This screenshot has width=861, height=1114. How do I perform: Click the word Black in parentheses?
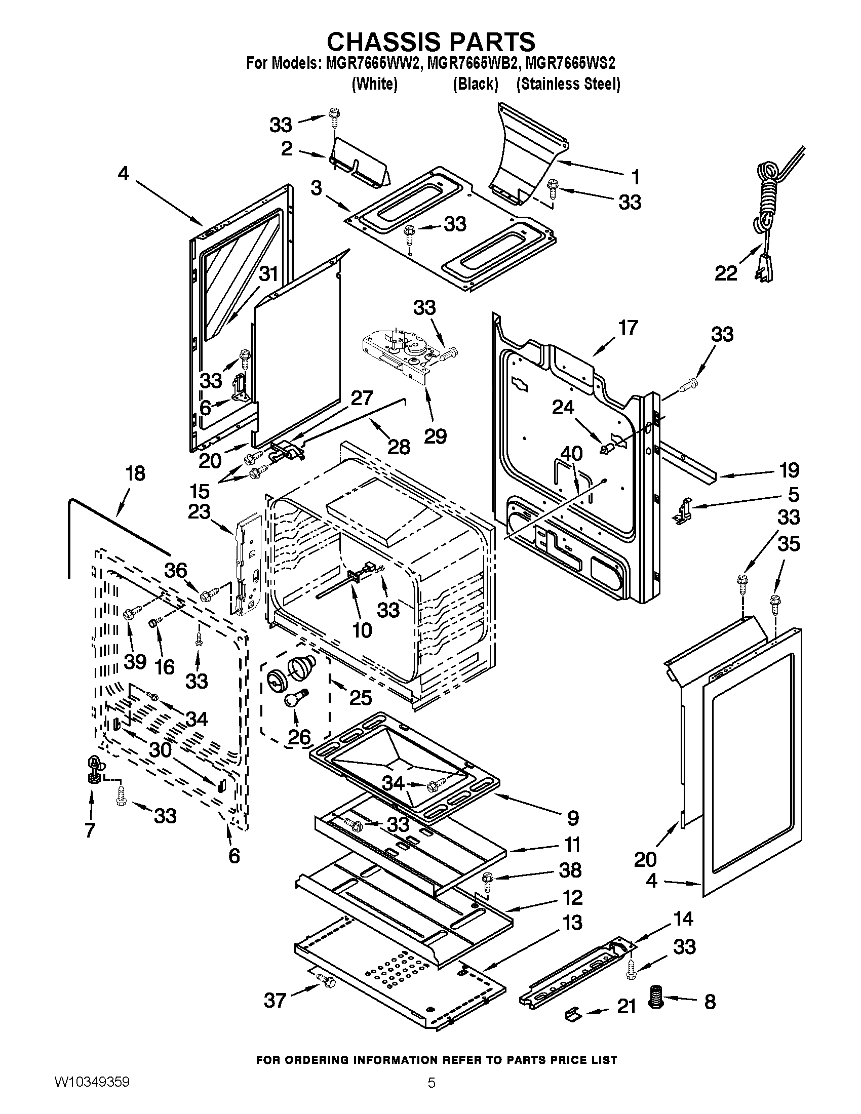476,84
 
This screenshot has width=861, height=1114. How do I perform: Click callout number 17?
628,328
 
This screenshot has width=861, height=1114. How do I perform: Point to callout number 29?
435,435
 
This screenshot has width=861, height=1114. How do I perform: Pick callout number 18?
135,473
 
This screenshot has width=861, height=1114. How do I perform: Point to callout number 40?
572,454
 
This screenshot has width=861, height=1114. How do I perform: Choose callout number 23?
199,511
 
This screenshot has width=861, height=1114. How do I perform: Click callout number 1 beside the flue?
635,177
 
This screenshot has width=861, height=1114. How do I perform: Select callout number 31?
268,274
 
